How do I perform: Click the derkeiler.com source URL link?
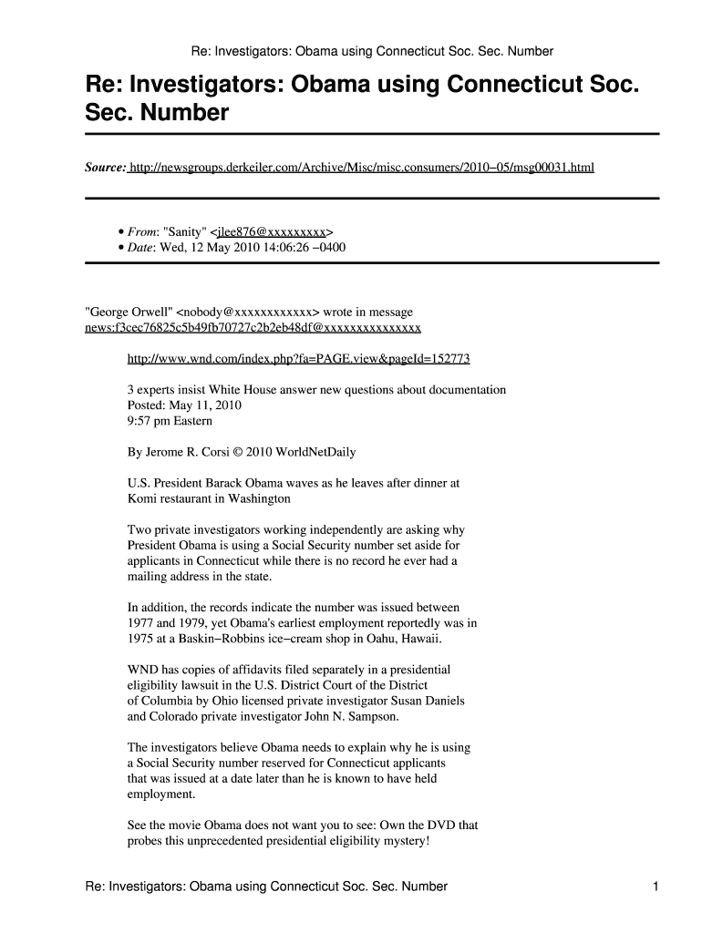point(361,168)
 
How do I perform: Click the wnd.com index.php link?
point(298,358)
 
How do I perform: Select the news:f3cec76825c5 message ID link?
point(253,327)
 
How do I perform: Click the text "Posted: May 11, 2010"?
point(183,405)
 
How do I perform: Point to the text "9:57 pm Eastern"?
point(170,420)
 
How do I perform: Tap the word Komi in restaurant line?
point(142,498)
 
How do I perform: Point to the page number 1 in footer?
point(656,887)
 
